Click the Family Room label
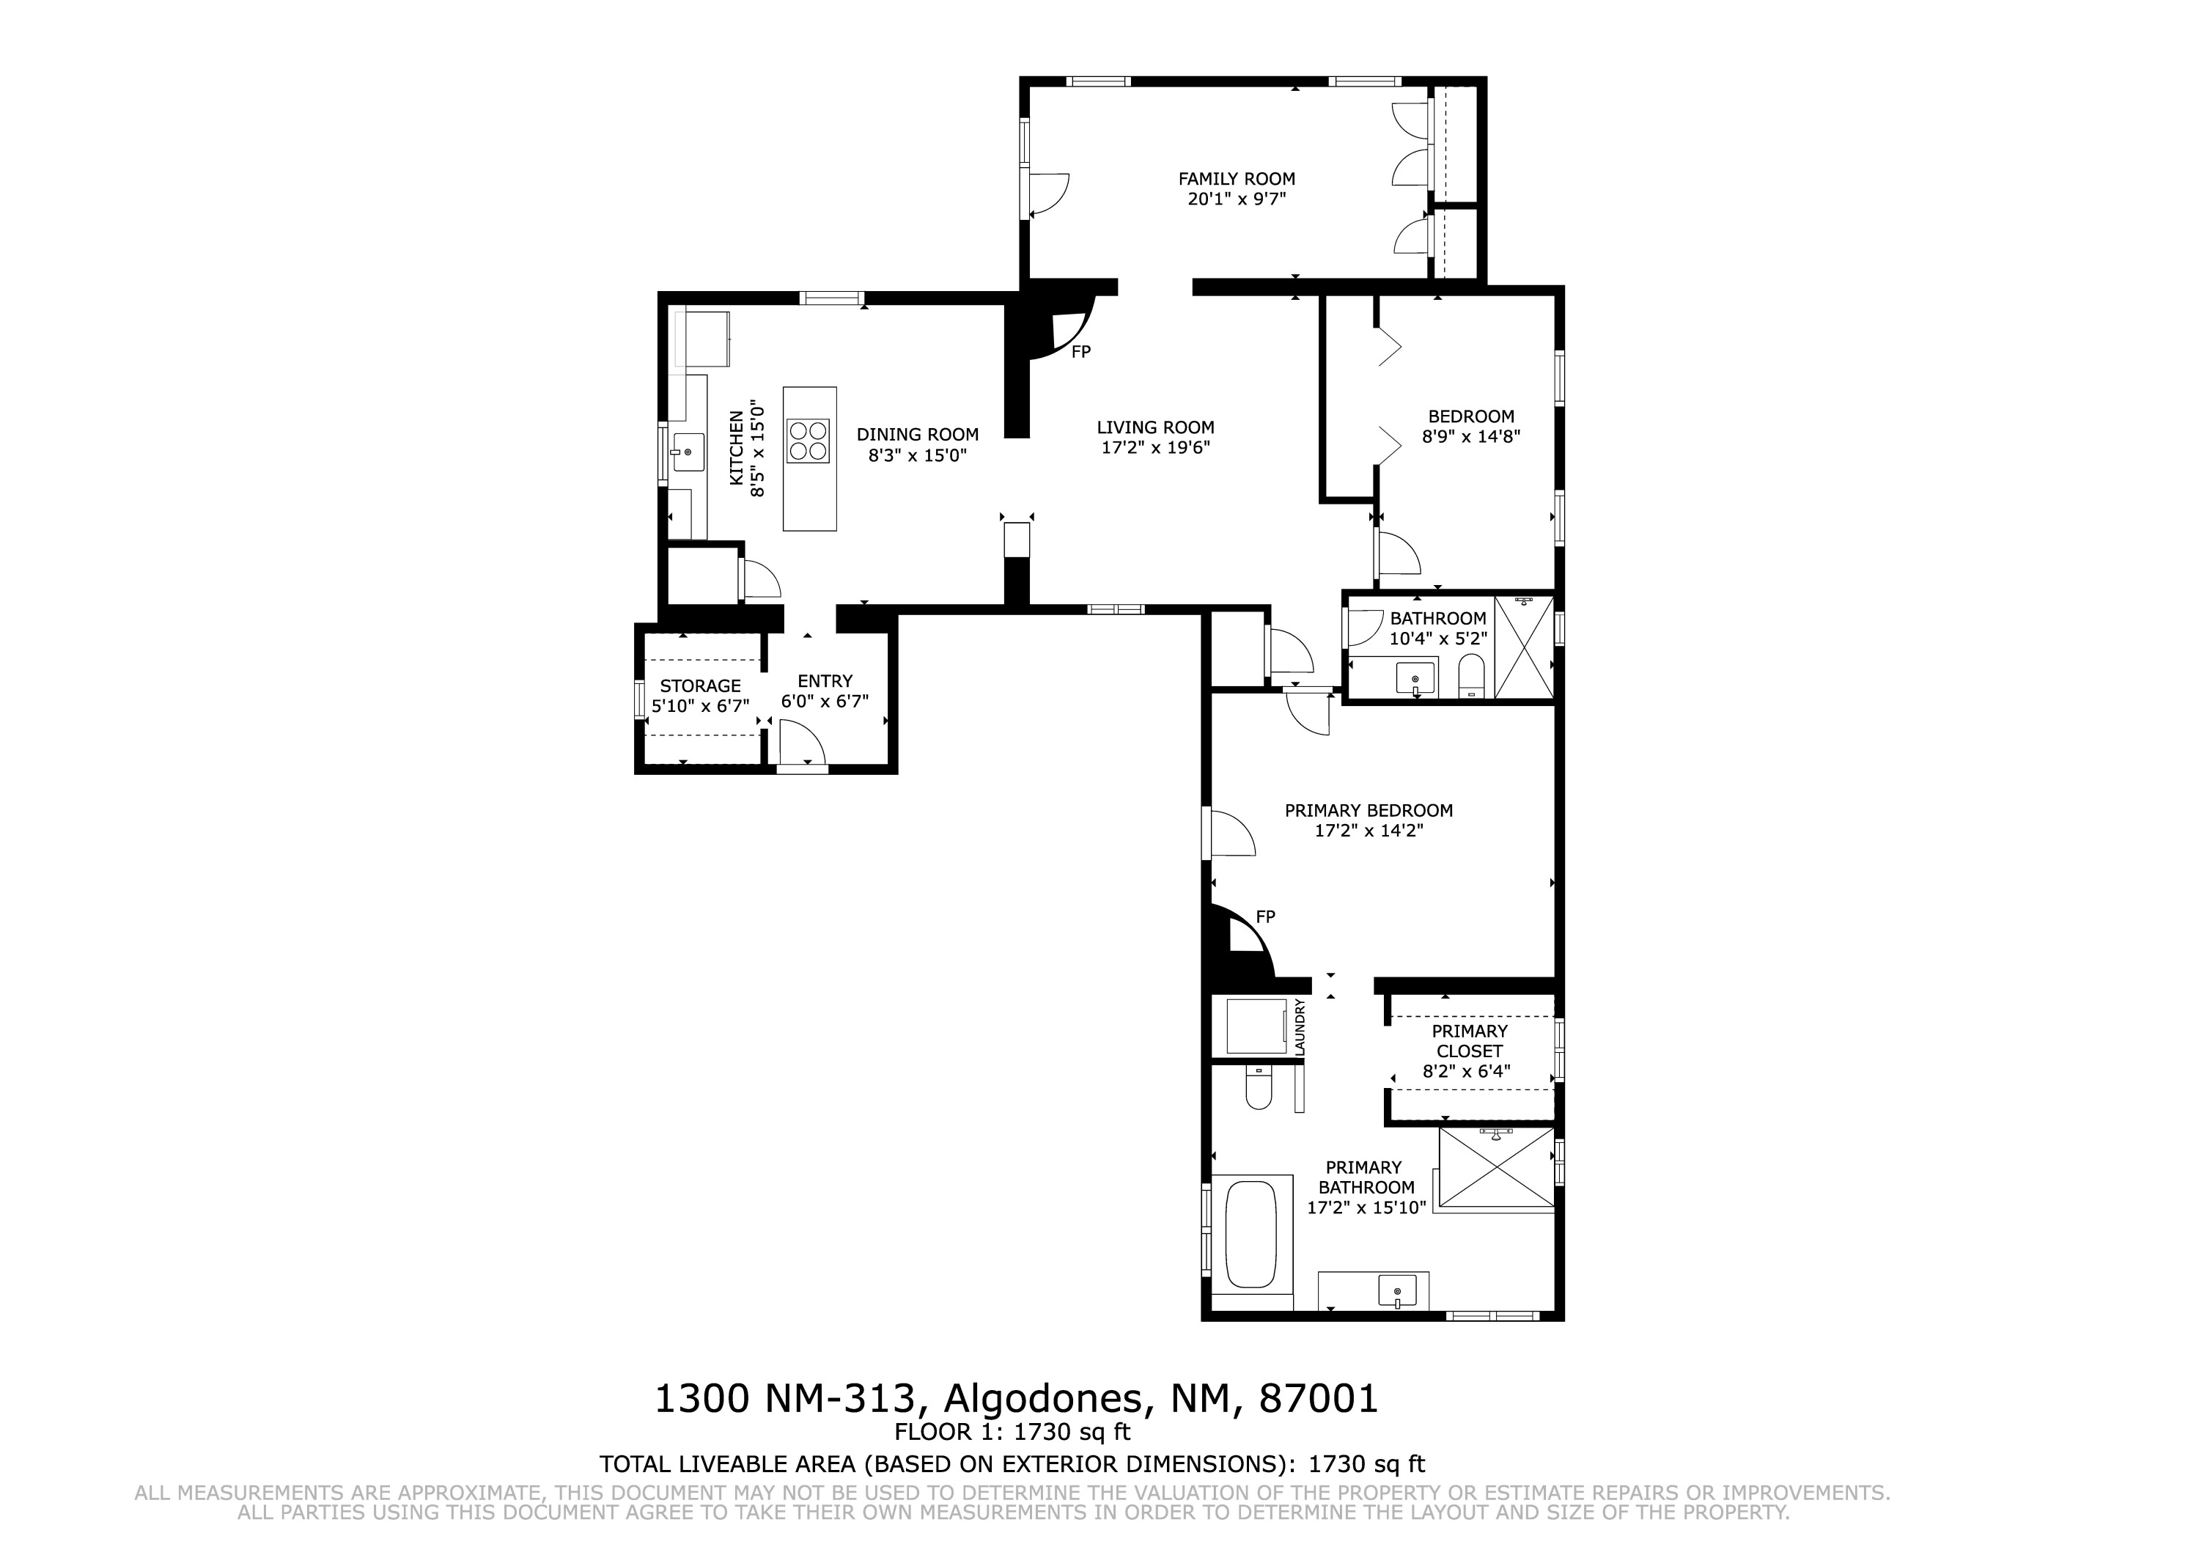1237,178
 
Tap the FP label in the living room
1081,352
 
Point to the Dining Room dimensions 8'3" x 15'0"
918,456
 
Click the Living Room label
1155,427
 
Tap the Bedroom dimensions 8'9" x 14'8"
1471,437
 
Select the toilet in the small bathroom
1471,677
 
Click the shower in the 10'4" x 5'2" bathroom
1524,647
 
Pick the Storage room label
700,686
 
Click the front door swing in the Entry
800,743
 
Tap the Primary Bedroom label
1369,811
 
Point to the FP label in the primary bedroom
1265,917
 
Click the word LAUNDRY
1300,1028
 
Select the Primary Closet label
1469,1040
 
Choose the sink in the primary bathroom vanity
1397,1290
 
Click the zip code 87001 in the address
1318,1400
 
